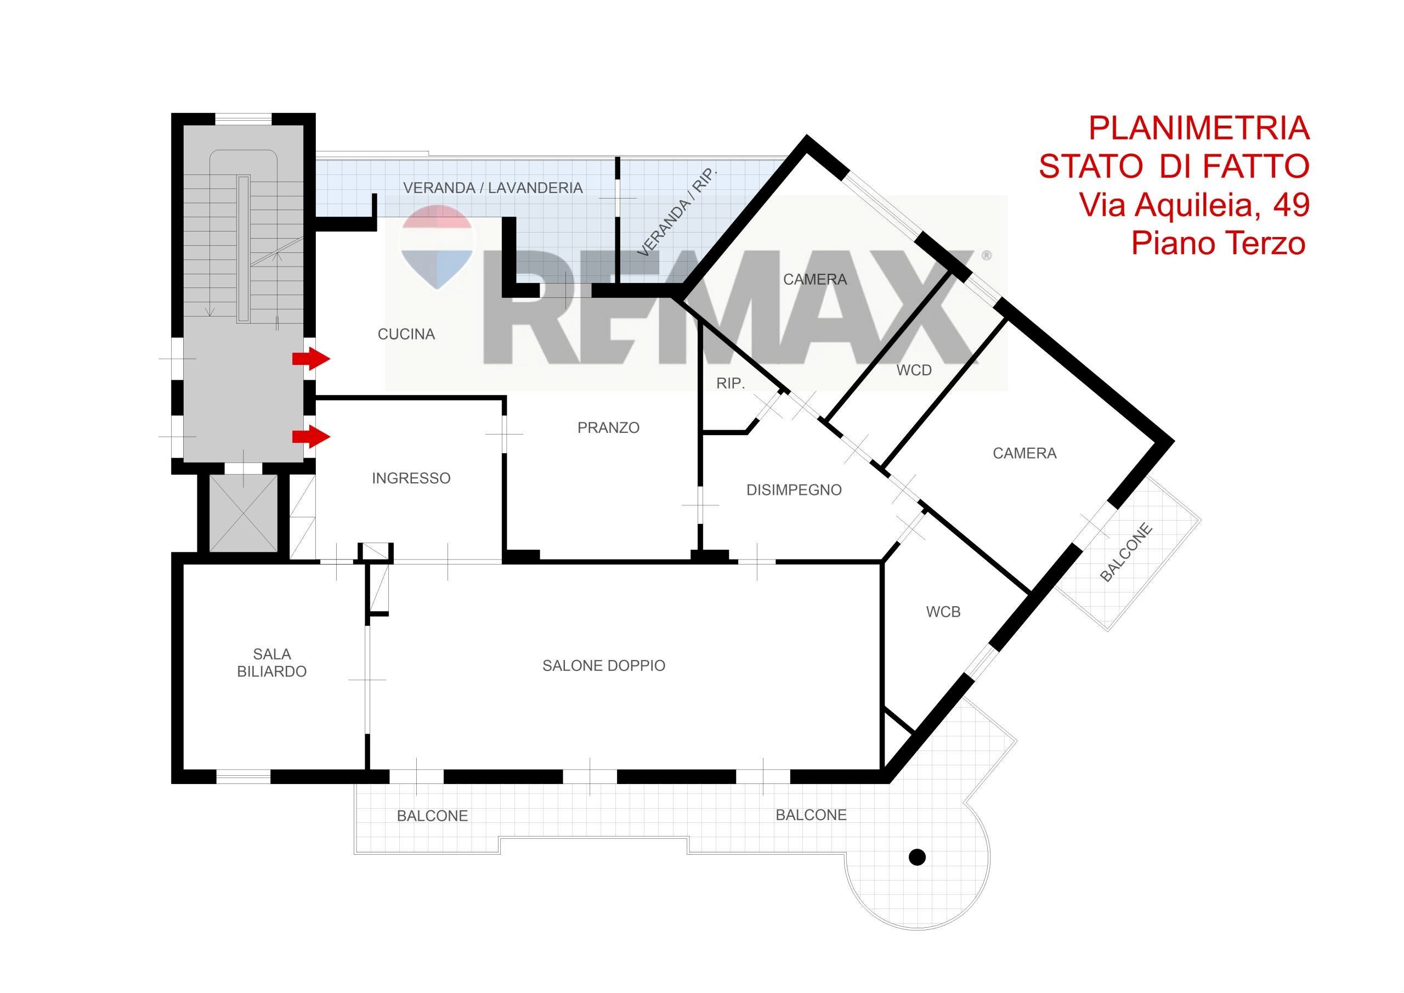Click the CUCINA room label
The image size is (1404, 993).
(406, 334)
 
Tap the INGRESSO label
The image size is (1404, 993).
(411, 478)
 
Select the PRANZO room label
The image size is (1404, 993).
(608, 428)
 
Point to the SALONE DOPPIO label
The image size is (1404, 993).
(603, 665)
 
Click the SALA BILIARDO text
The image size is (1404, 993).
(271, 663)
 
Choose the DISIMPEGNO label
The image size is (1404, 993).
(794, 489)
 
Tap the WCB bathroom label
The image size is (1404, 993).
(943, 612)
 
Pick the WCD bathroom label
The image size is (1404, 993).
(914, 370)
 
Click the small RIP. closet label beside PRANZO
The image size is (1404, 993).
(730, 383)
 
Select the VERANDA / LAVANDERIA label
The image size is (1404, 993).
(493, 188)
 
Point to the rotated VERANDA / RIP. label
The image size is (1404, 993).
(677, 212)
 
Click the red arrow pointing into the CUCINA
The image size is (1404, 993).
(312, 359)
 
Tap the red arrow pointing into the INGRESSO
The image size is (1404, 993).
(312, 437)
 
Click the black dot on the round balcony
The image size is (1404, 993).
(916, 857)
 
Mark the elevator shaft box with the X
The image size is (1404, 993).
(243, 513)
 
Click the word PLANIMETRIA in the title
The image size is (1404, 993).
(1199, 128)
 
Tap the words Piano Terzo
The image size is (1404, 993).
(1218, 243)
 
